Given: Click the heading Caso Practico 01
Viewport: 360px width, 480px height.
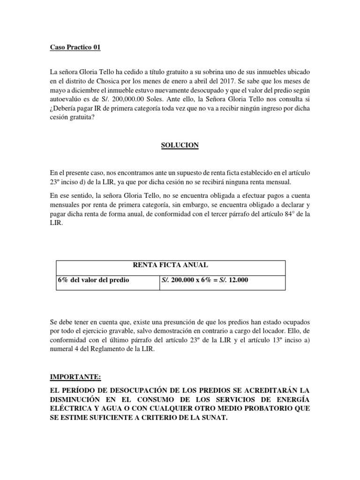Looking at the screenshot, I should (x=75, y=47).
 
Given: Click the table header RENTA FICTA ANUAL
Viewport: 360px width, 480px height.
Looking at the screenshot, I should (x=170, y=265).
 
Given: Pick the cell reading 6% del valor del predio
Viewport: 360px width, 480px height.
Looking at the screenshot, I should (x=93, y=280).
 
